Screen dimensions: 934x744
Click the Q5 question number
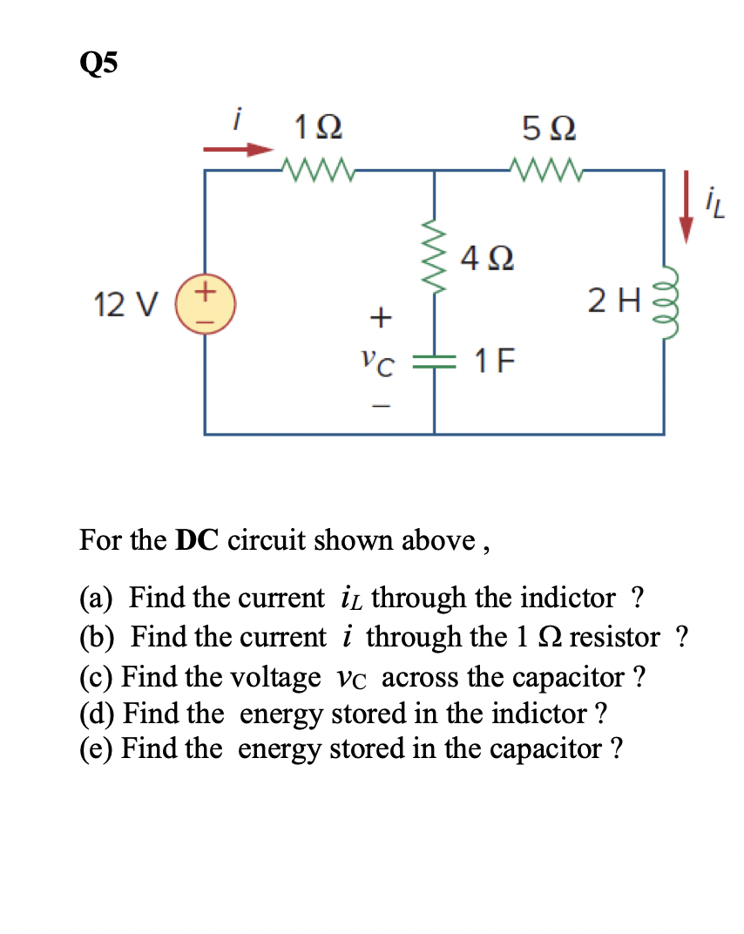[98, 64]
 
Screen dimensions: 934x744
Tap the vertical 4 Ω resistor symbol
[434, 258]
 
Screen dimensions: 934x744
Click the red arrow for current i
[238, 150]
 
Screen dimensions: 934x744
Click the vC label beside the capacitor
[378, 361]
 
